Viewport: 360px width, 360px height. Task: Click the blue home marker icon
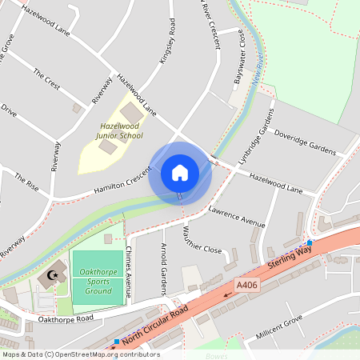[180, 172]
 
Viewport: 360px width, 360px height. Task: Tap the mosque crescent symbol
[54, 275]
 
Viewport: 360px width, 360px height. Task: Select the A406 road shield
[246, 284]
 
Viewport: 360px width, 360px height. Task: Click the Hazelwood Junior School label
[120, 131]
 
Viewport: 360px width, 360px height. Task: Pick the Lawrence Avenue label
[236, 218]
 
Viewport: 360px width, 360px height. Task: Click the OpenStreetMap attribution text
[80, 354]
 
